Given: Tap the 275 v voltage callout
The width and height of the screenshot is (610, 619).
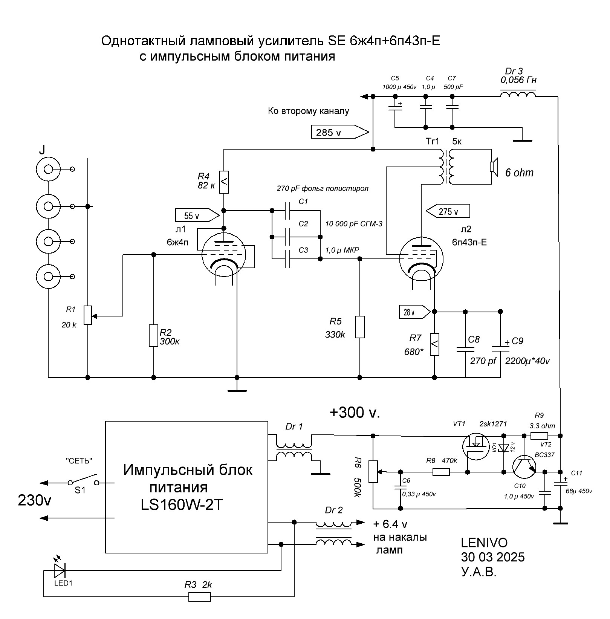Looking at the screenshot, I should coord(448,211).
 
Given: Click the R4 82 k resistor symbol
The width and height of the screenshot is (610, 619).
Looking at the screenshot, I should coord(224,182).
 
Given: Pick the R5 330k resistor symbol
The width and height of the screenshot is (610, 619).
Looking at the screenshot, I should coord(360,327).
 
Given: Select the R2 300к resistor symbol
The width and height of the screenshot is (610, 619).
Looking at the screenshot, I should coord(153,335).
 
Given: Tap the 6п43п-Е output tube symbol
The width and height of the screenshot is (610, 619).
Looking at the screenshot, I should coord(421,259).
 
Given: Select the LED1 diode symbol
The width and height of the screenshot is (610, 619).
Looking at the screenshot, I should coord(60,571).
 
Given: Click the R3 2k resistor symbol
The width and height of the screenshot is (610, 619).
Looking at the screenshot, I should coord(199,597).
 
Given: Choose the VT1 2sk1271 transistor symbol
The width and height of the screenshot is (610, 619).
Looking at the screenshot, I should coord(475,446).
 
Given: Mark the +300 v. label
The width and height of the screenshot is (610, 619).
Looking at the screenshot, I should coord(355,413).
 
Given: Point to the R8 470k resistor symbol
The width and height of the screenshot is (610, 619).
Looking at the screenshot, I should coord(441,472).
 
